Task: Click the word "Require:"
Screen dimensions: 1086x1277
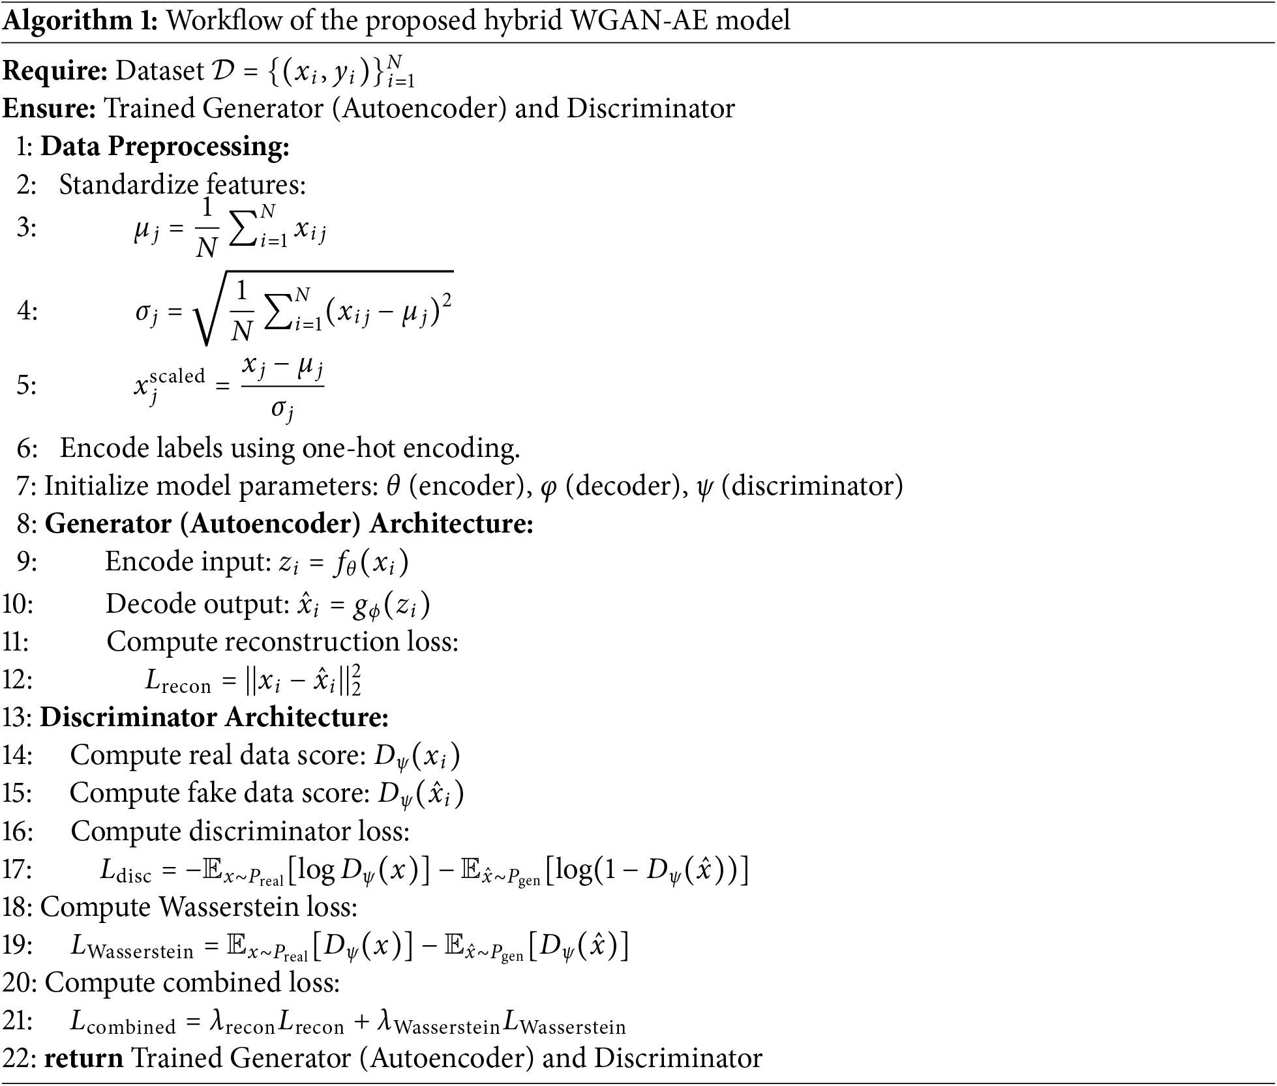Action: point(55,70)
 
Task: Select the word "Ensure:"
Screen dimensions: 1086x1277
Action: point(50,108)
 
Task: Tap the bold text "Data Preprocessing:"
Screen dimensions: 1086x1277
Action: point(165,146)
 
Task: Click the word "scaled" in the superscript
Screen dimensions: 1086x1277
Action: point(177,376)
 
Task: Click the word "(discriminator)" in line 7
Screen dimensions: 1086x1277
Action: point(813,486)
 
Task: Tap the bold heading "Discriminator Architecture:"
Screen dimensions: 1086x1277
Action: point(215,718)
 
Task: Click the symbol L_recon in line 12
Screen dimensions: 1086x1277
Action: point(177,681)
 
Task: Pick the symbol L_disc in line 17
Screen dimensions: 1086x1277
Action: point(126,871)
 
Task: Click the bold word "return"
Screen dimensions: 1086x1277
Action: point(83,1058)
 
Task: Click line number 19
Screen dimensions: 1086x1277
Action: point(17,945)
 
